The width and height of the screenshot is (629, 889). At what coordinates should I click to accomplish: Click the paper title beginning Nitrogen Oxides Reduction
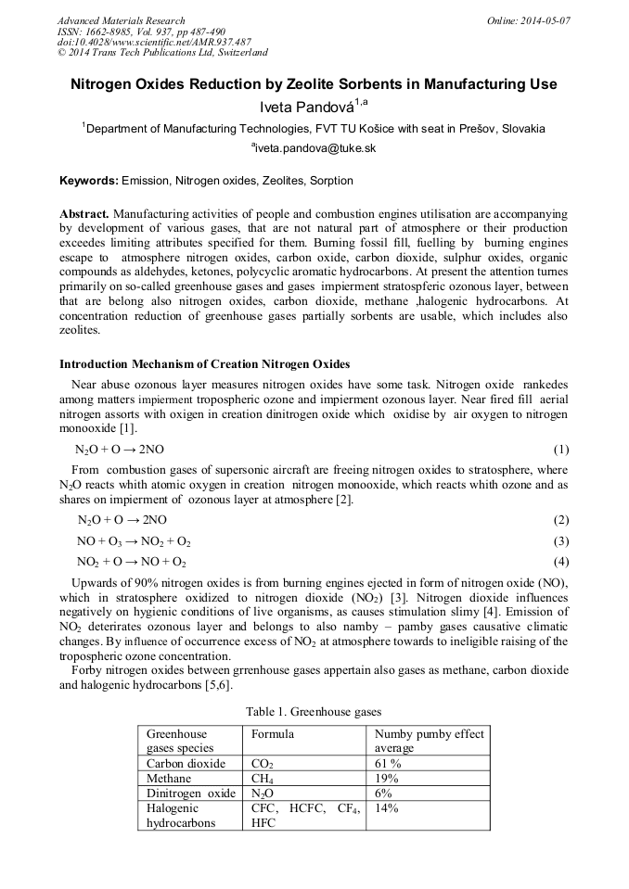click(314, 84)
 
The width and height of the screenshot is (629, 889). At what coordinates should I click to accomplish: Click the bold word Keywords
click(88, 181)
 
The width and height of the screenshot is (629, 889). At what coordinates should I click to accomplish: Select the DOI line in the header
click(154, 42)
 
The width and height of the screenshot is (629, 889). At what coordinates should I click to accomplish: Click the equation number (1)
click(560, 450)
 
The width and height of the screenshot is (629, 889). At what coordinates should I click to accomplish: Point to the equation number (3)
click(560, 541)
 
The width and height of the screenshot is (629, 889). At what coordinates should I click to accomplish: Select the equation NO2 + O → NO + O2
click(132, 563)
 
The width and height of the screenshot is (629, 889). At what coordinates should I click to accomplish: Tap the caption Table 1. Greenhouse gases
click(314, 712)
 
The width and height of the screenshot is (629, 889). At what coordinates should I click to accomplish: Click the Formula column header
click(273, 734)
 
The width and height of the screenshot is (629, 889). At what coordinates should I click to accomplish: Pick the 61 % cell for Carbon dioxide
click(388, 764)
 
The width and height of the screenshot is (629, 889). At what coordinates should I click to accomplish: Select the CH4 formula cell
click(263, 779)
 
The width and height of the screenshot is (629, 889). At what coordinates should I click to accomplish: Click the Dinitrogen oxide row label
click(191, 794)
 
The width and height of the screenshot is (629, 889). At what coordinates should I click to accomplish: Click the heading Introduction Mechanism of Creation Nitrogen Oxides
click(205, 362)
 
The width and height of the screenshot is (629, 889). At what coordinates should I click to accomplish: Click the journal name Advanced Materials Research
click(121, 20)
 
